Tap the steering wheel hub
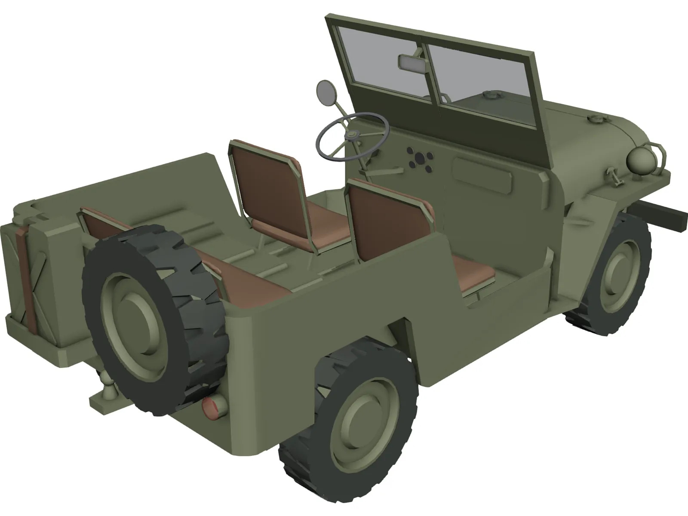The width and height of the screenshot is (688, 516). [x=353, y=137]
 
